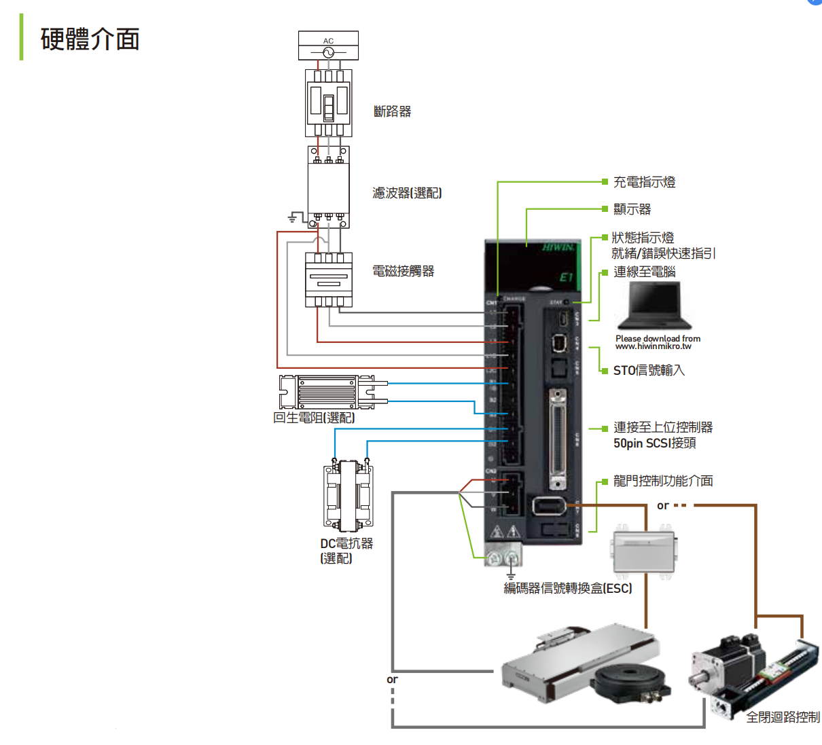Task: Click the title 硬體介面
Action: (x=90, y=39)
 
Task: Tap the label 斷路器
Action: (x=392, y=111)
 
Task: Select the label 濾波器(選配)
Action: (x=406, y=193)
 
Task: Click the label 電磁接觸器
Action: (x=403, y=271)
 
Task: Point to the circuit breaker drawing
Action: (x=328, y=104)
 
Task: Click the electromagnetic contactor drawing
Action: (x=328, y=280)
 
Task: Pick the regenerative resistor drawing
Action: (x=327, y=393)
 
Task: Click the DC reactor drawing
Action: (x=348, y=494)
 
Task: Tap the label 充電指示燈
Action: (x=644, y=182)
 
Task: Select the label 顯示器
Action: (x=632, y=209)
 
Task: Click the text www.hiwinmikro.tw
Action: (x=653, y=346)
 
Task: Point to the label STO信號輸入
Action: (x=649, y=370)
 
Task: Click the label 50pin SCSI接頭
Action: (x=654, y=443)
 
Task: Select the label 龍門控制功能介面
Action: (x=662, y=481)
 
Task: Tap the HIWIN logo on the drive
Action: (x=558, y=247)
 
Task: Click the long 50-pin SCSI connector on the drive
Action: (x=557, y=439)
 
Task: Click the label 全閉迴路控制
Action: (x=782, y=717)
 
